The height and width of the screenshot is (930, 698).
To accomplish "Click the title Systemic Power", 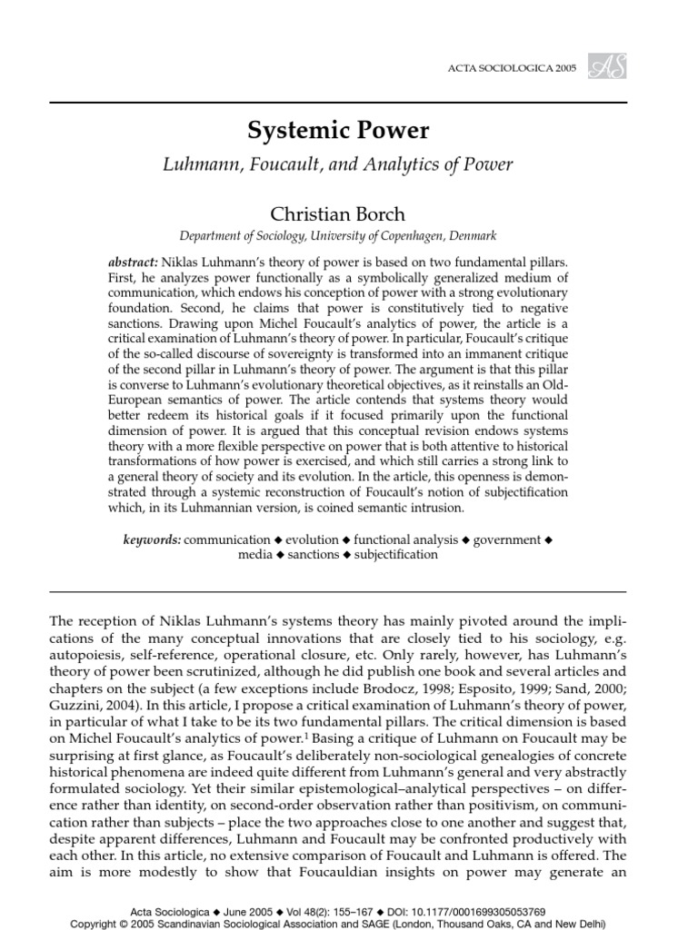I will (x=338, y=132).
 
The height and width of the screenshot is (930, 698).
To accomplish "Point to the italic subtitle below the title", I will (x=338, y=165).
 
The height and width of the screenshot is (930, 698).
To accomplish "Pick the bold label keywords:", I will (x=152, y=539).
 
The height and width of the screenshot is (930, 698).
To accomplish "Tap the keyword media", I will (x=255, y=554).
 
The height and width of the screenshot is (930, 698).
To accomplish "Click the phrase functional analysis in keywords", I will (x=406, y=539).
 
